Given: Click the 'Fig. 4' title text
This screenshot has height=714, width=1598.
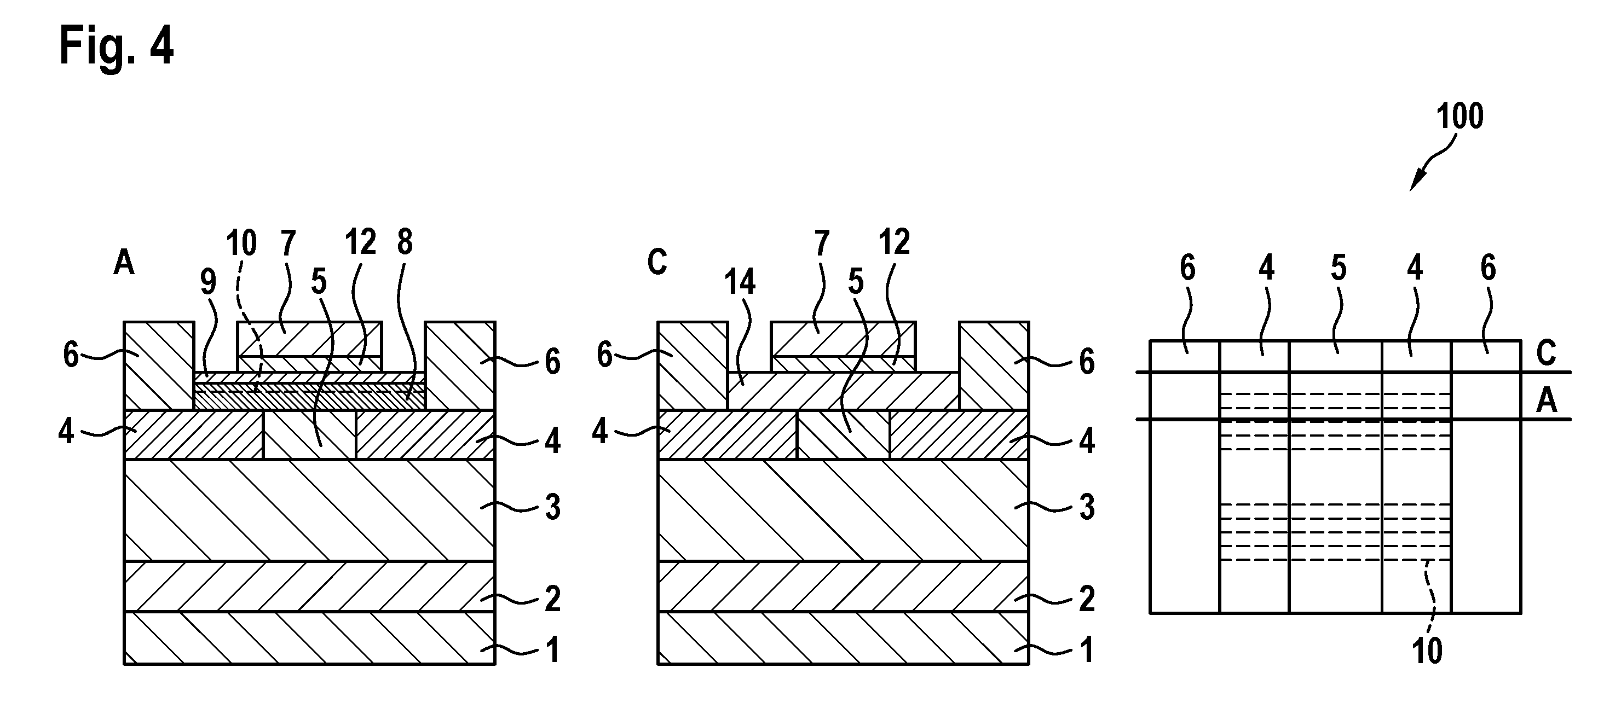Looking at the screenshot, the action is coord(117,47).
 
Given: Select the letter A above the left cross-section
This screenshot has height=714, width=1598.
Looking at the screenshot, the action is coord(124,263).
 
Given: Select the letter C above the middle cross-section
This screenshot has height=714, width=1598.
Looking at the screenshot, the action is coord(657,263).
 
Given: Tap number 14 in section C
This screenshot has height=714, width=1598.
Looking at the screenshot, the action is coord(740,283).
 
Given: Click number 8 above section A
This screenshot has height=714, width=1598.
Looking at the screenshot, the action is coord(405,243).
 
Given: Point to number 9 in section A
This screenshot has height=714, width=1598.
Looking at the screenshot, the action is coord(209,283).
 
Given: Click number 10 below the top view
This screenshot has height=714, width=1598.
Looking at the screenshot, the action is coord(1427,651).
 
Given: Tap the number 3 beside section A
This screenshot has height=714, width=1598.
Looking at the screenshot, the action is coord(552,507).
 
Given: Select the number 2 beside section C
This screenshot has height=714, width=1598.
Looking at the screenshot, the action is coord(1086,599).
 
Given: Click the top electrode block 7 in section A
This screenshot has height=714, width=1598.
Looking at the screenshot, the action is coord(309,339).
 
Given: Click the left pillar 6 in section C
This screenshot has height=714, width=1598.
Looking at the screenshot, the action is coord(693,365).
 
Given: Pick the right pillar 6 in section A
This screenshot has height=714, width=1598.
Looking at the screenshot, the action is coord(460,365).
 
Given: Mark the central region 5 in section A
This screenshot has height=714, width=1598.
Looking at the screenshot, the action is coord(309,435).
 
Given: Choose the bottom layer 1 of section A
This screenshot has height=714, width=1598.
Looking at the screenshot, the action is coord(309,638).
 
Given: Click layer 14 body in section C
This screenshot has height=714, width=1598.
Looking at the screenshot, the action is coord(843,391).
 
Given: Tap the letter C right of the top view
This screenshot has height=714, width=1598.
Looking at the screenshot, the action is coord(1546,353).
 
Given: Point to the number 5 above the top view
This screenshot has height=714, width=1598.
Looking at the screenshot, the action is coord(1338,269).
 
